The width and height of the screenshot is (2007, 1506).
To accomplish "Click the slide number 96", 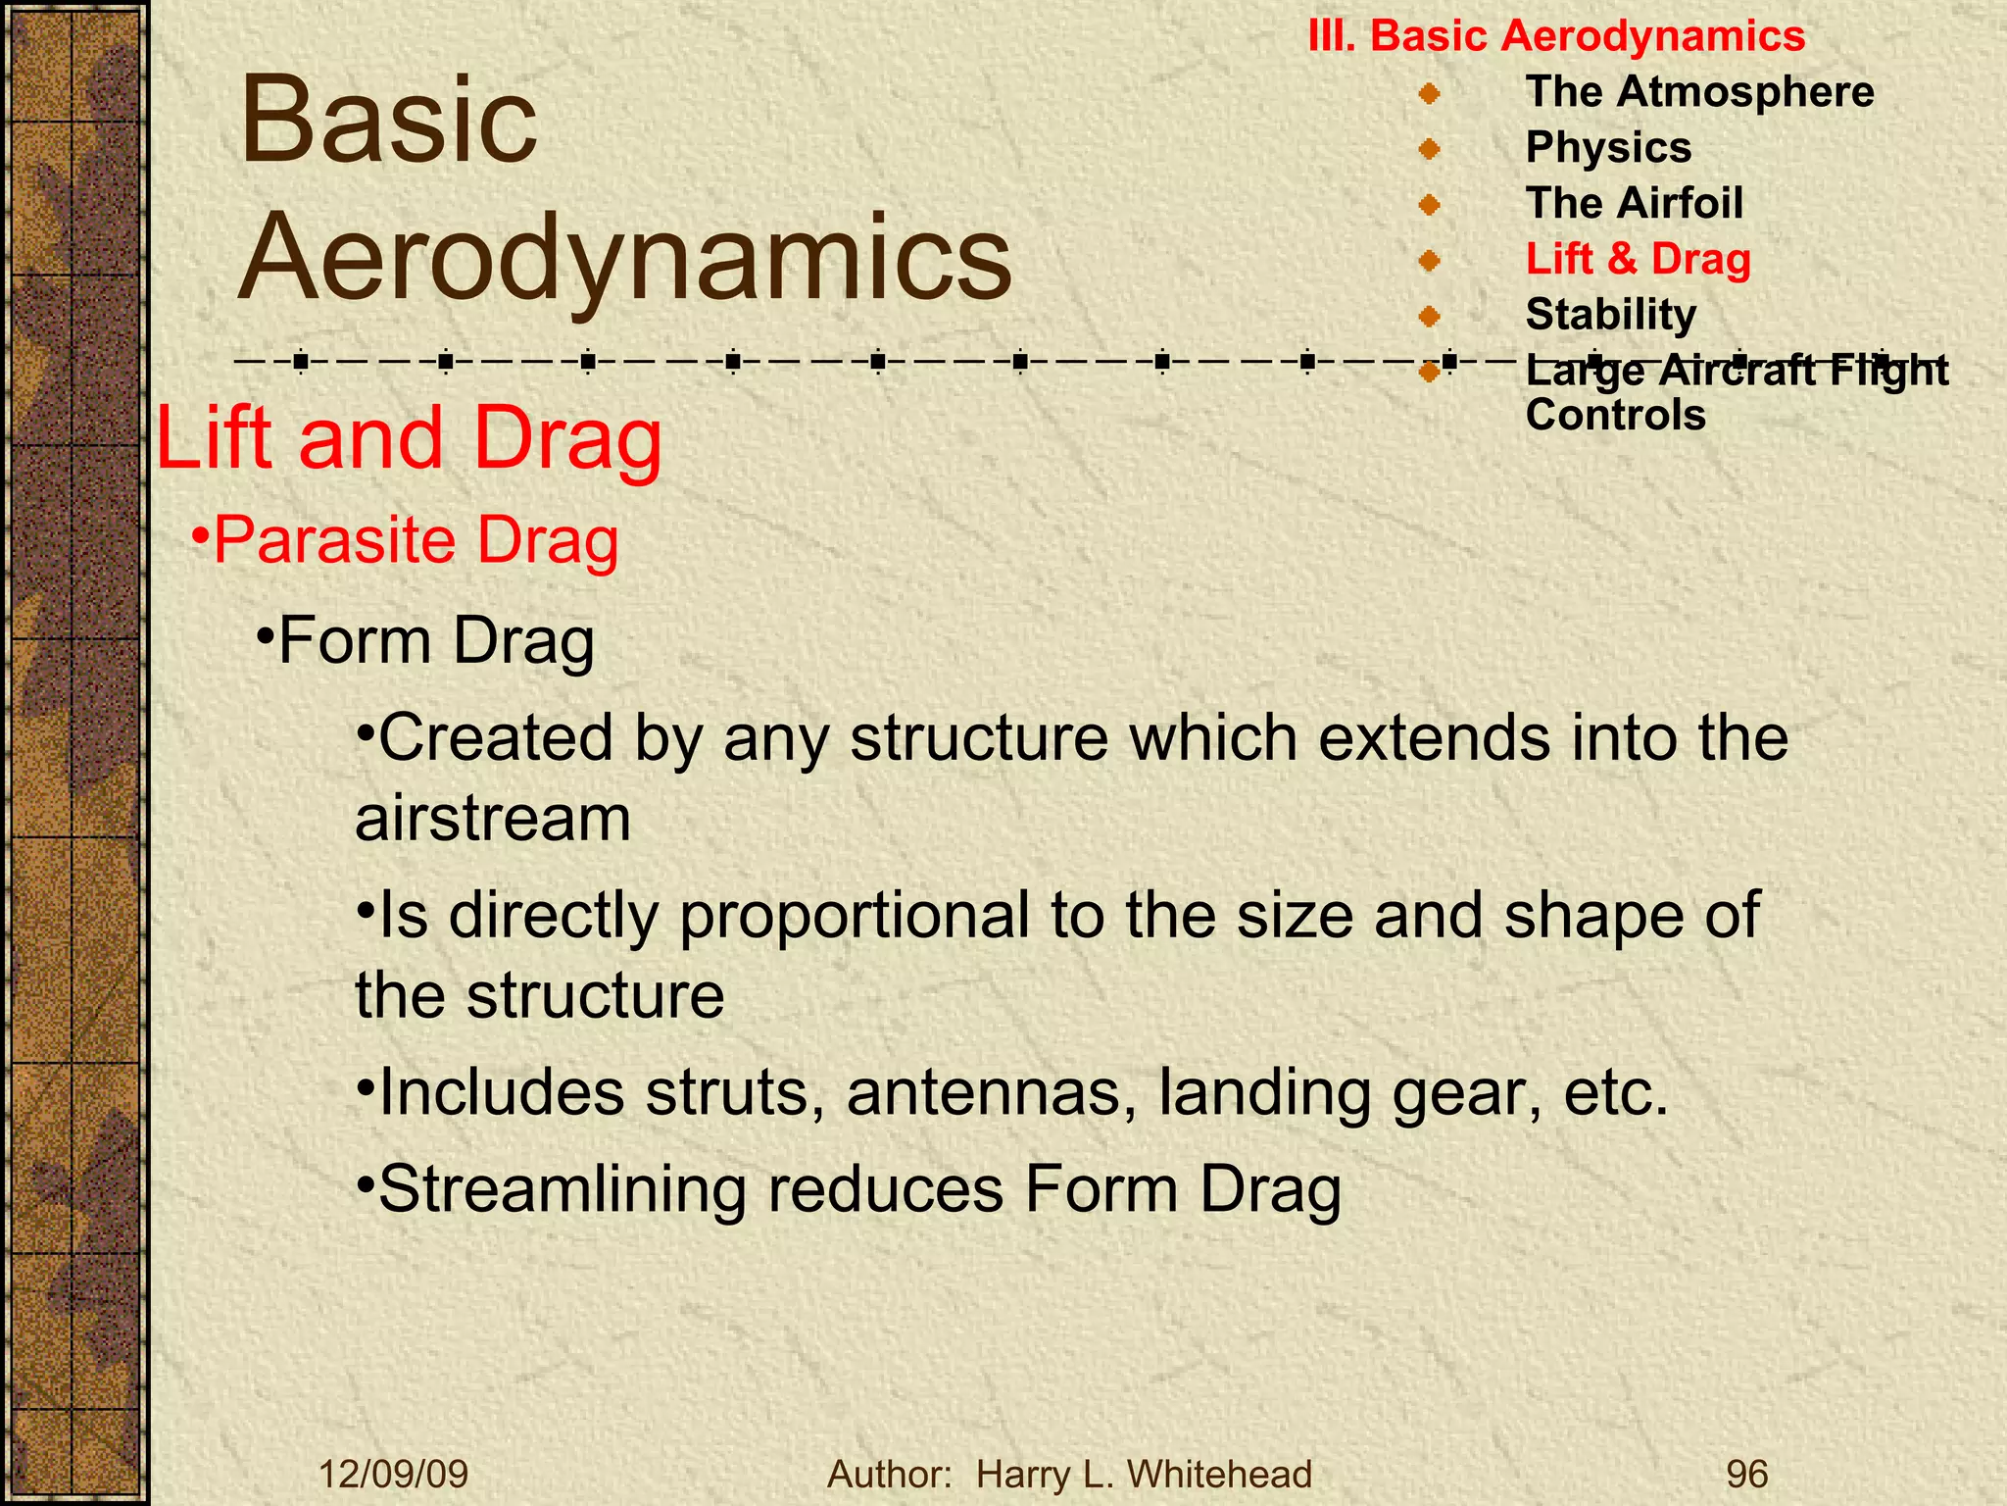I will tap(1746, 1474).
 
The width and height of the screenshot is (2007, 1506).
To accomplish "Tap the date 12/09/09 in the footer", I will tap(394, 1474).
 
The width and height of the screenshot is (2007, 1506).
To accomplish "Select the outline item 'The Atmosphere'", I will tap(1699, 92).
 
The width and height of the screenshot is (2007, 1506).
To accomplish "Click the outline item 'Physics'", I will tap(1608, 148).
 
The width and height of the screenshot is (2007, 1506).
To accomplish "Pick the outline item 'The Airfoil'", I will tap(1634, 204).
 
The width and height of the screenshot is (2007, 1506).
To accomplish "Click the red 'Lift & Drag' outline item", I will tap(1638, 260).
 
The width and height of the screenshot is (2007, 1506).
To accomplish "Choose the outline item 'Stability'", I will tap(1610, 315).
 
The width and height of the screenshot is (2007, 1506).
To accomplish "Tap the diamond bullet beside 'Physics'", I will tap(1429, 149).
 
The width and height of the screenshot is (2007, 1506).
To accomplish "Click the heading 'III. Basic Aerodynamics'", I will tap(1556, 36).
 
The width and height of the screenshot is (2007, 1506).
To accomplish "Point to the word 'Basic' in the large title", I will tap(388, 122).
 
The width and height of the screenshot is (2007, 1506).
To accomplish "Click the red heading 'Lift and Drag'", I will tap(409, 438).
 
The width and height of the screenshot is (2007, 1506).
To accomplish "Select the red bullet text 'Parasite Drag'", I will tap(416, 540).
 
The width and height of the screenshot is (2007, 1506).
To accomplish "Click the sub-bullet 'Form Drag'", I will tap(435, 642).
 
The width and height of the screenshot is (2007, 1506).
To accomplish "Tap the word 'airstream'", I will tap(493, 819).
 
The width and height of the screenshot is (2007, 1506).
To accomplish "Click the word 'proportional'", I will tap(854, 915).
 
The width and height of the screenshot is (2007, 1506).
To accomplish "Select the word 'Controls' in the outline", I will tap(1615, 416).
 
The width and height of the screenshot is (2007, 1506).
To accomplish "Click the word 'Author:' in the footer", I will tap(890, 1474).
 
